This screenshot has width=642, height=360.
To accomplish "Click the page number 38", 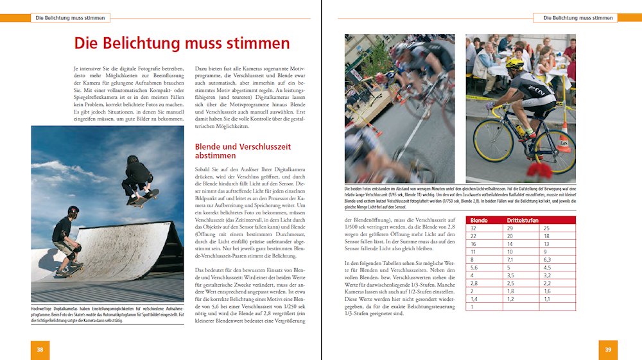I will (x=40, y=349).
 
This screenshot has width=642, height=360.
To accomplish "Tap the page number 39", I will (x=607, y=349).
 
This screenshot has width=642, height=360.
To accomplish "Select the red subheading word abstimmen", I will (x=216, y=156).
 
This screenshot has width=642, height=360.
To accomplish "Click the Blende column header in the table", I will (x=479, y=221).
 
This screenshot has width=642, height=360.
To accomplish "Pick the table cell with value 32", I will (x=474, y=228).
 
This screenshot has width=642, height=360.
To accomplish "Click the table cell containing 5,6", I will (x=475, y=268).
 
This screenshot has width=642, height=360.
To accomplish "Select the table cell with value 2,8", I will (x=475, y=283).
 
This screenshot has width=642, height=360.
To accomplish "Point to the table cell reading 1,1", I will (x=546, y=298).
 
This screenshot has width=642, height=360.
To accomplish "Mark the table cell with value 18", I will (x=546, y=236).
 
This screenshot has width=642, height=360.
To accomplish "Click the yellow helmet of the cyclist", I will (x=514, y=64).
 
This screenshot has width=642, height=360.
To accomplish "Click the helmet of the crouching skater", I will (x=73, y=210).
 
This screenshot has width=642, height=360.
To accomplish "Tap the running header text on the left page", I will (x=70, y=18).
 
